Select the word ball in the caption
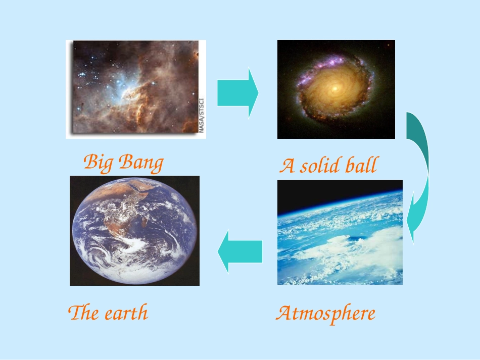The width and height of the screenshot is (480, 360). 362,166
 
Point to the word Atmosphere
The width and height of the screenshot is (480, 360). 325,314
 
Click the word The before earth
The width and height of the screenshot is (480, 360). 83,313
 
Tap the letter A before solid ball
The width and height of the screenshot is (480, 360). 287,166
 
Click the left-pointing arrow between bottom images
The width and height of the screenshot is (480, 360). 240,251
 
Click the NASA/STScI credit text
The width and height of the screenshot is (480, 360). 201,114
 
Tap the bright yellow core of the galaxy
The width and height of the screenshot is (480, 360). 334,88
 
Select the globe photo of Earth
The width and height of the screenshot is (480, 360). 134,231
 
